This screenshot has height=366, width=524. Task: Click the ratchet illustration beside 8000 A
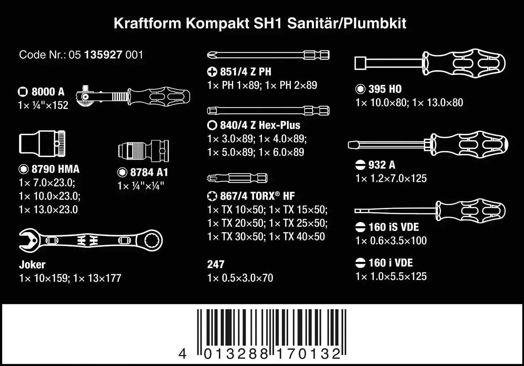pos(133,96)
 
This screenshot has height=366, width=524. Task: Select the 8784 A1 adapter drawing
pos(143,151)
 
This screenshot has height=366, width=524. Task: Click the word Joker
pos(32,264)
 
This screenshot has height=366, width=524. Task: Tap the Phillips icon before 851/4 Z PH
pos(212,72)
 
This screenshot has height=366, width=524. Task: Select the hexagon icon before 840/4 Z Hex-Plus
pos(212,125)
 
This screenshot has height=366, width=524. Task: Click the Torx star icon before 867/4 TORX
pos(212,196)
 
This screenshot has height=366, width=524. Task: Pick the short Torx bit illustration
pos(237,178)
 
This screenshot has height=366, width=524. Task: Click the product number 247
pos(215,264)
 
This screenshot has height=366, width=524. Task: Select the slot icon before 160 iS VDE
pos(360,227)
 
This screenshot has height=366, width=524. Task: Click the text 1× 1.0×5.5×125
pos(391,276)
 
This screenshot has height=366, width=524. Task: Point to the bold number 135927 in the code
pos(103,55)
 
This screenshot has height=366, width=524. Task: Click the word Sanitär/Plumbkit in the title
pos(347,24)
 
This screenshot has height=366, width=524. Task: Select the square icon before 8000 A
pos(23,92)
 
